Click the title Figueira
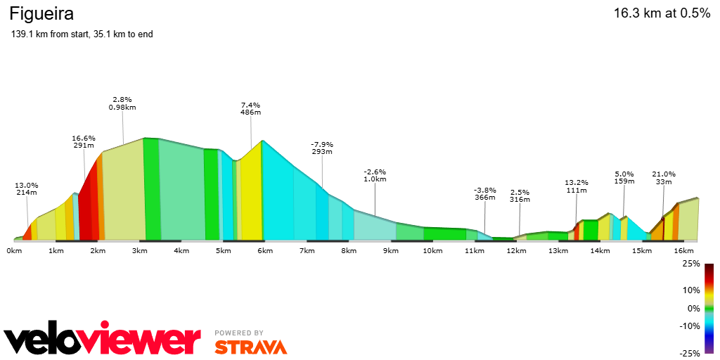(41, 14)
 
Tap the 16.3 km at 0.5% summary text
(662, 13)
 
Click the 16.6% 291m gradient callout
(84, 142)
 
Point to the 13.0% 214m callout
(26, 188)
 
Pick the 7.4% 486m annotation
(251, 109)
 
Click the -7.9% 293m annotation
(322, 148)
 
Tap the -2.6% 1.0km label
(375, 175)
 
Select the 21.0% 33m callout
(664, 178)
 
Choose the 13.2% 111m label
(577, 186)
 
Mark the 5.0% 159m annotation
(624, 178)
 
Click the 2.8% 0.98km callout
(122, 103)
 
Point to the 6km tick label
(264, 250)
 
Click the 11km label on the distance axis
(475, 250)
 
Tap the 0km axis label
(14, 250)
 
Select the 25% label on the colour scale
(690, 264)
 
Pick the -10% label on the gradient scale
(690, 326)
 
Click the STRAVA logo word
(251, 347)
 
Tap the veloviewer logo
(103, 340)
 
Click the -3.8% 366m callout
(485, 194)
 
